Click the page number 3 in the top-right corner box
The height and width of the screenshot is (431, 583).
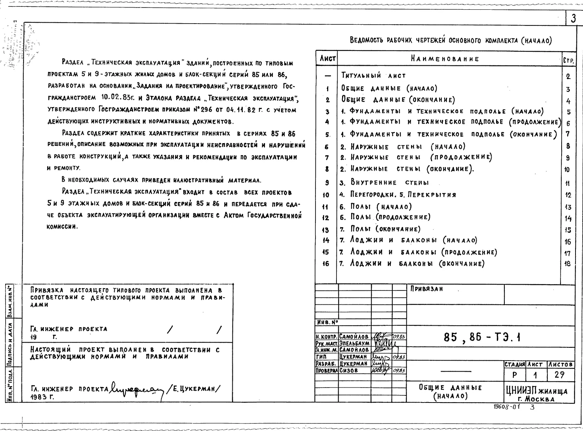click(x=574, y=19)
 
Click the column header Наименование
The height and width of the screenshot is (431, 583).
click(x=445, y=59)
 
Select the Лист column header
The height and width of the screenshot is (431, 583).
click(x=327, y=59)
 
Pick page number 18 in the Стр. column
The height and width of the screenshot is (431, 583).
click(x=568, y=264)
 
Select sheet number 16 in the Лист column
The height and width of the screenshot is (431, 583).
click(x=326, y=264)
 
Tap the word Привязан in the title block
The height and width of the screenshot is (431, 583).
click(x=427, y=289)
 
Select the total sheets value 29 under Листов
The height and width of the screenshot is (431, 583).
click(x=559, y=374)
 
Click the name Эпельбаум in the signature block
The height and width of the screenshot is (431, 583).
click(x=354, y=343)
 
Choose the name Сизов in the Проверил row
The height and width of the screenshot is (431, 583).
click(x=348, y=370)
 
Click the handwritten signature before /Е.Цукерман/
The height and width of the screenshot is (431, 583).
click(x=136, y=390)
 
